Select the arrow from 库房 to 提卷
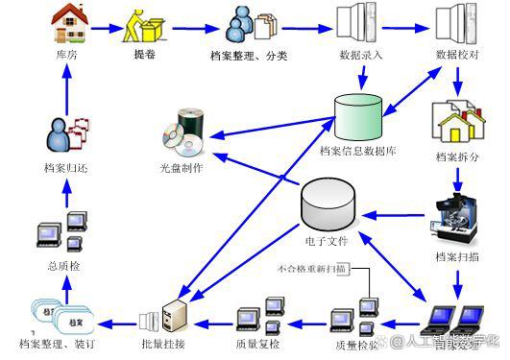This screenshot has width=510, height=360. coord(105,26)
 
